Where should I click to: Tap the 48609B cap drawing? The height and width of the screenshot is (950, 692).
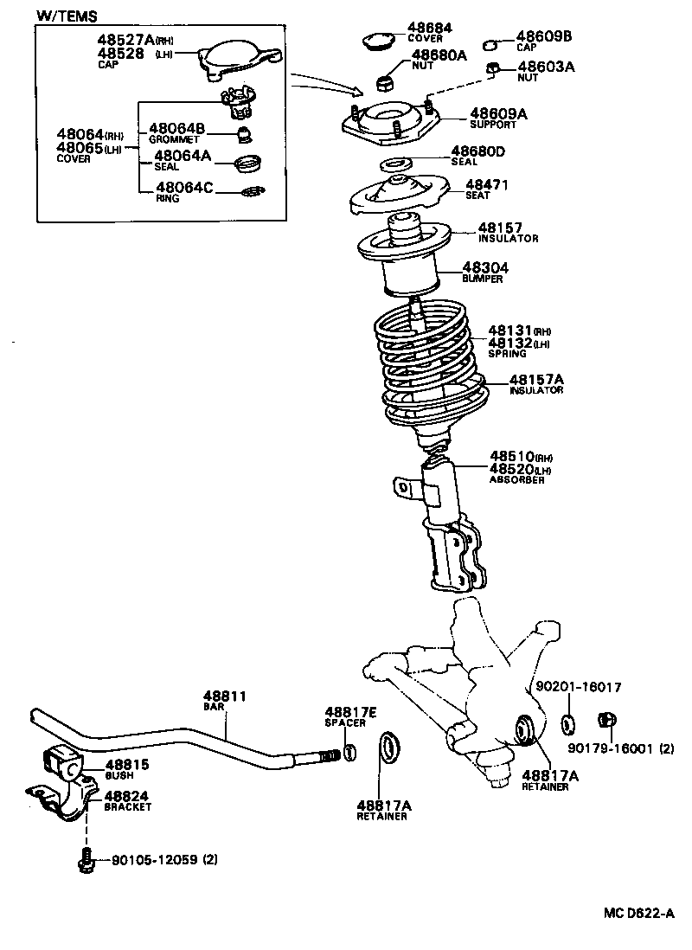tap(490, 44)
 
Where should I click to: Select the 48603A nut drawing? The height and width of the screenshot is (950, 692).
tap(490, 69)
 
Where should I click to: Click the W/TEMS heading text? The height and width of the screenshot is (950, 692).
tap(67, 16)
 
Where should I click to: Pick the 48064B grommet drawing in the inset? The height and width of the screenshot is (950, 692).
tap(247, 134)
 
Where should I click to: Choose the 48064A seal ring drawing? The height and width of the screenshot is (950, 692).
tap(249, 161)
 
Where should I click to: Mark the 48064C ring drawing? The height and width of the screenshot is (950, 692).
tap(251, 191)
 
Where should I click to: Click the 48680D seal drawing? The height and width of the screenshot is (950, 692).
tap(394, 164)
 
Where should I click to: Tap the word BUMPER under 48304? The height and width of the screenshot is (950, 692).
tap(483, 279)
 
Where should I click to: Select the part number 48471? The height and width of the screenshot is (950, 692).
tap(487, 184)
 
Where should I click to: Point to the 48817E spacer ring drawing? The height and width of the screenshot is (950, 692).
tap(349, 752)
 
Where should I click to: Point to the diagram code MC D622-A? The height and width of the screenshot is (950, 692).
tap(638, 913)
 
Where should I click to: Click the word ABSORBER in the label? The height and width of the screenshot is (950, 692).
tap(517, 479)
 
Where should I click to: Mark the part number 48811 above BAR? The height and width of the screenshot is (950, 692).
tap(225, 696)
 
